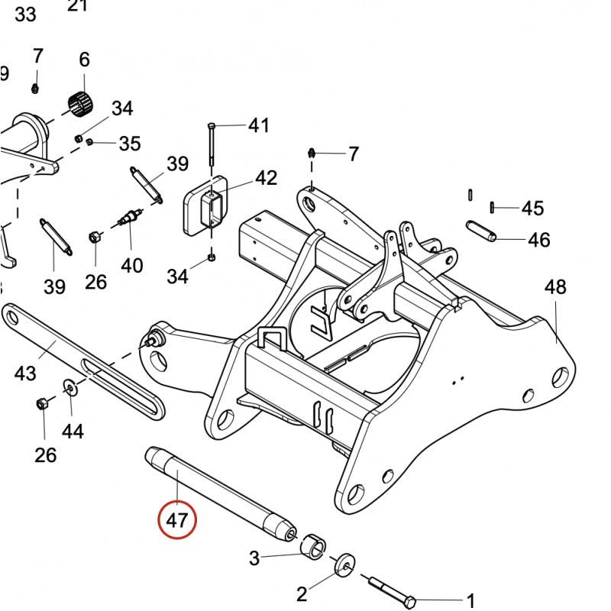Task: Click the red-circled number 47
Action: (x=177, y=522)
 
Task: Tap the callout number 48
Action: (x=555, y=288)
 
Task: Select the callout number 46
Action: (x=538, y=240)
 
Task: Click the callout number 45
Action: (x=532, y=209)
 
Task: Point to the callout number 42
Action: (x=266, y=179)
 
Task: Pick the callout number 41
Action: (x=259, y=124)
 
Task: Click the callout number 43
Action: (x=25, y=374)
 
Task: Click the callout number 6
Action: (x=84, y=60)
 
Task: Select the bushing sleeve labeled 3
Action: (x=312, y=548)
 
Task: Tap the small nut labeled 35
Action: (x=90, y=142)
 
